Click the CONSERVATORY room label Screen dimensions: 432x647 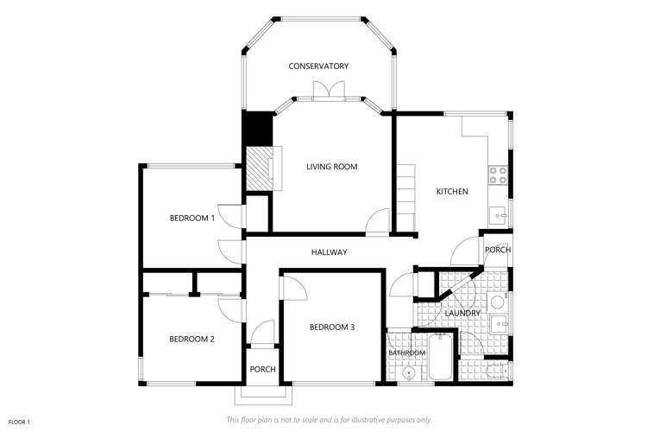click(x=318, y=67)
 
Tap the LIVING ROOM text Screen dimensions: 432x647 click(x=331, y=167)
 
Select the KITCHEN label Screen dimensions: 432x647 click(x=452, y=191)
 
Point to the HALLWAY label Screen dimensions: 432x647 click(x=329, y=252)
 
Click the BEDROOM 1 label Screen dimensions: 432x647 click(x=192, y=219)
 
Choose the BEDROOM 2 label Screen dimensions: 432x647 click(x=192, y=339)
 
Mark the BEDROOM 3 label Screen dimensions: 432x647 click(x=332, y=327)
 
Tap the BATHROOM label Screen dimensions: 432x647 click(x=406, y=353)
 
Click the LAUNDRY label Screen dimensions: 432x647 click(x=462, y=313)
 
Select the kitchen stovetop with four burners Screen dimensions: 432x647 click(x=499, y=175)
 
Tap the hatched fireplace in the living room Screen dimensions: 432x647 click(x=260, y=168)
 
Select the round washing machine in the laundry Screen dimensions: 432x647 click(x=496, y=302)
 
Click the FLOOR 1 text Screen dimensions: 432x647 click(x=19, y=422)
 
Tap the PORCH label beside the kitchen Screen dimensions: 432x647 click(x=498, y=250)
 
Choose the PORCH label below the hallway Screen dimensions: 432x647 click(x=262, y=369)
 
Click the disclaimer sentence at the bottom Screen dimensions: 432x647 click(x=329, y=420)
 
